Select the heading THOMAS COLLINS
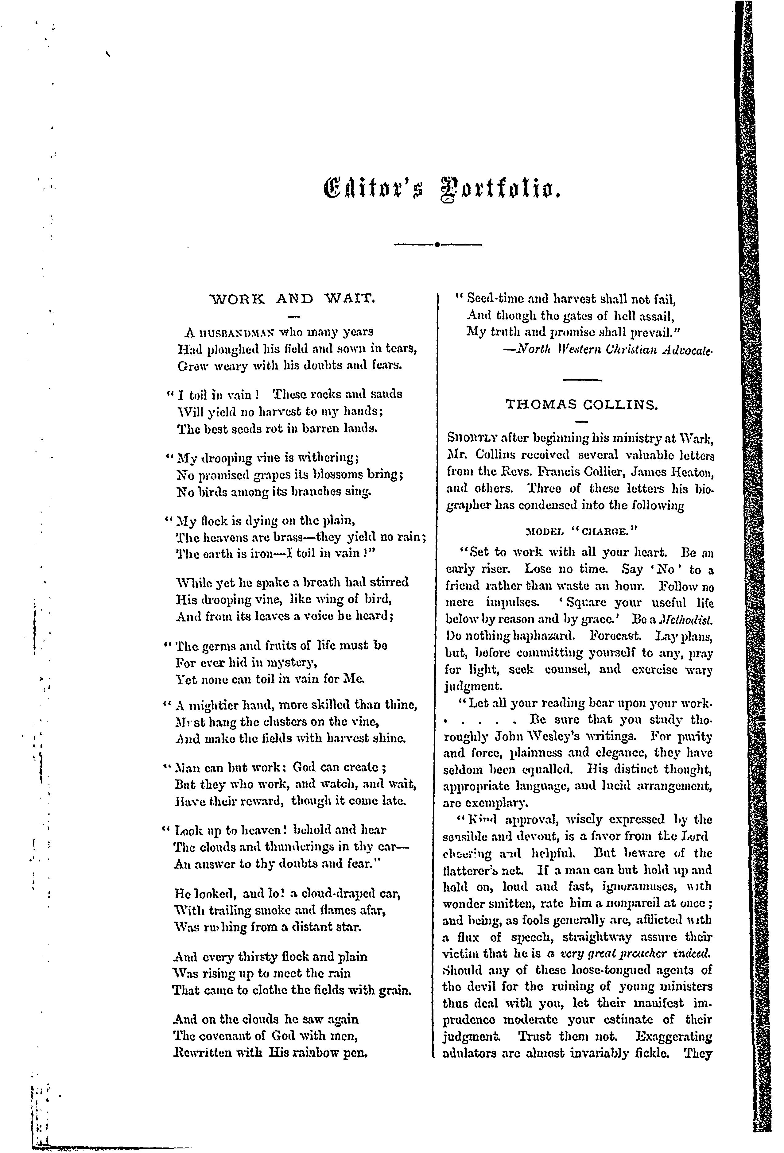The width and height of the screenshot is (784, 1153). [581, 405]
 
